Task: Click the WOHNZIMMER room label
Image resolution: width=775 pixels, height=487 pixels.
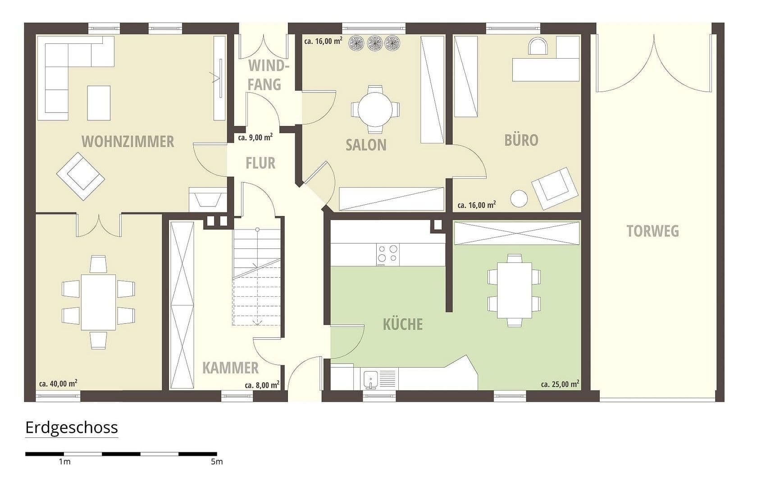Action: tap(128, 142)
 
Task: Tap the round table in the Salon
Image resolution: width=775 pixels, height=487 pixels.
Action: tap(375, 109)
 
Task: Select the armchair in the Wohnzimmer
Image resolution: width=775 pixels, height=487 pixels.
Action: tap(81, 176)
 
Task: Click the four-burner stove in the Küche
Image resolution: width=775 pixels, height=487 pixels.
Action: tap(387, 254)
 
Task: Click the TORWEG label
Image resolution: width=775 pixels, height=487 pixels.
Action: tap(652, 231)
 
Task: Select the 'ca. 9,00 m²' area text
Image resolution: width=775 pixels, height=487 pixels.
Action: tap(255, 138)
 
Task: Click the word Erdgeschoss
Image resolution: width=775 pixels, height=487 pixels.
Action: tap(72, 427)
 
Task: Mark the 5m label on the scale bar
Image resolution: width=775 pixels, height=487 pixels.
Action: tap(216, 462)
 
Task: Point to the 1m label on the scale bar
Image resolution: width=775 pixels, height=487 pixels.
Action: tap(64, 462)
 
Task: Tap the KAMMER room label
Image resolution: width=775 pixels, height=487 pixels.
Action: tap(230, 368)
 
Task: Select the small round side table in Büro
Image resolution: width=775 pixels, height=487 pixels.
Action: tap(519, 198)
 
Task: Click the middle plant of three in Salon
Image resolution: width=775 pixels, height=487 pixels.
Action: tap(375, 43)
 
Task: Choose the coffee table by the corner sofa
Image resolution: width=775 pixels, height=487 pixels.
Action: tap(99, 103)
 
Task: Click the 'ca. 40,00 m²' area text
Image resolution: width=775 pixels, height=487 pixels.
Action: tap(58, 384)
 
